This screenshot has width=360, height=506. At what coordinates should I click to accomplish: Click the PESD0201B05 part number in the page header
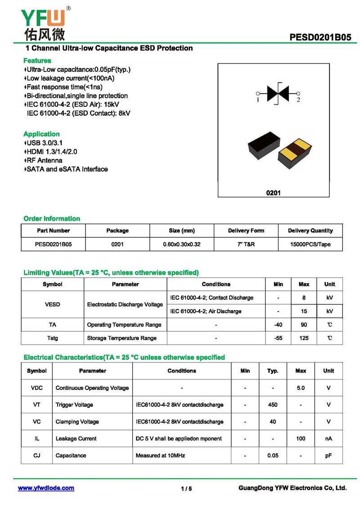tap(320, 37)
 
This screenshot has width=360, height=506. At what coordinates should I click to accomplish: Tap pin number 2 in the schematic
tap(298, 100)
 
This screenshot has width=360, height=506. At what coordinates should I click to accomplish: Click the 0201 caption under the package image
tap(273, 193)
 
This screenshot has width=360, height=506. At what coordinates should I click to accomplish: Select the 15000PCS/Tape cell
tap(310, 244)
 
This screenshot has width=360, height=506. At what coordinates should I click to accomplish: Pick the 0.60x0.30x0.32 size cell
tap(181, 244)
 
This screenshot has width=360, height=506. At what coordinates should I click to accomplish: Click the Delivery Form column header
tap(246, 230)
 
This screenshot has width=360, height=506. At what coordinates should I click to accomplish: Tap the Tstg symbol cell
tap(53, 338)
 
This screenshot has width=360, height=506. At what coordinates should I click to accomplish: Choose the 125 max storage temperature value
tap(304, 338)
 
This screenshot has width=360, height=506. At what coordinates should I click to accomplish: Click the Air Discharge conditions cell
tap(206, 311)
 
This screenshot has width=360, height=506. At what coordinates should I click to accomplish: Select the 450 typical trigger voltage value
tap(273, 405)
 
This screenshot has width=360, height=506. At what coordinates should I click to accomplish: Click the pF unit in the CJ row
tap(328, 456)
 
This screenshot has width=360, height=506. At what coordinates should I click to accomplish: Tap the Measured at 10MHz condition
tap(160, 456)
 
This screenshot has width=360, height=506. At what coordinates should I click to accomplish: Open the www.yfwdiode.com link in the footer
tap(46, 488)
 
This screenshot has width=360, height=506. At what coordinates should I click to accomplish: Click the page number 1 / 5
tap(186, 488)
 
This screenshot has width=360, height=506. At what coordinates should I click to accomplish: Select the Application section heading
tap(41, 134)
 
